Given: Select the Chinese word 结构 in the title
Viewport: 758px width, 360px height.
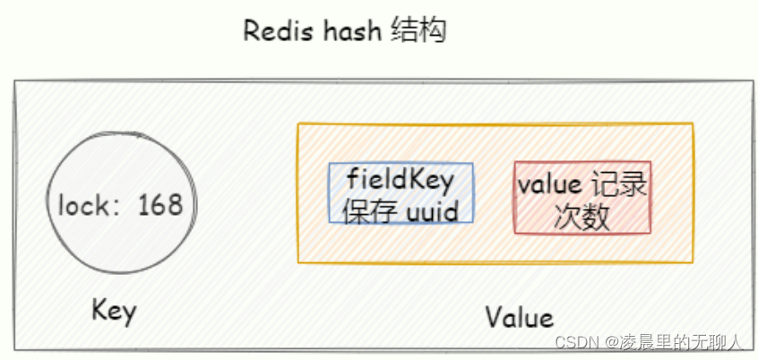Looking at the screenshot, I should pos(419,31).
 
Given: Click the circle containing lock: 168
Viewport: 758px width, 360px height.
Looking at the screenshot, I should pos(120,206).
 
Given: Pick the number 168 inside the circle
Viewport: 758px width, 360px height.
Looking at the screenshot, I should pos(159,205).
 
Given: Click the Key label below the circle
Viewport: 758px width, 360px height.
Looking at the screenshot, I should pos(114,312).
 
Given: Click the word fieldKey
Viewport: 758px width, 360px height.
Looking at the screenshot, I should pos(401,180).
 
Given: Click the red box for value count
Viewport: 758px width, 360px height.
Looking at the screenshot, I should pos(582,198).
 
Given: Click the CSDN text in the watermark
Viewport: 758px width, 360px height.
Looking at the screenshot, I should pos(576,342).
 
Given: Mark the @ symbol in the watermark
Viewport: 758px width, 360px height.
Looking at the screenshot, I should pos(612,342).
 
